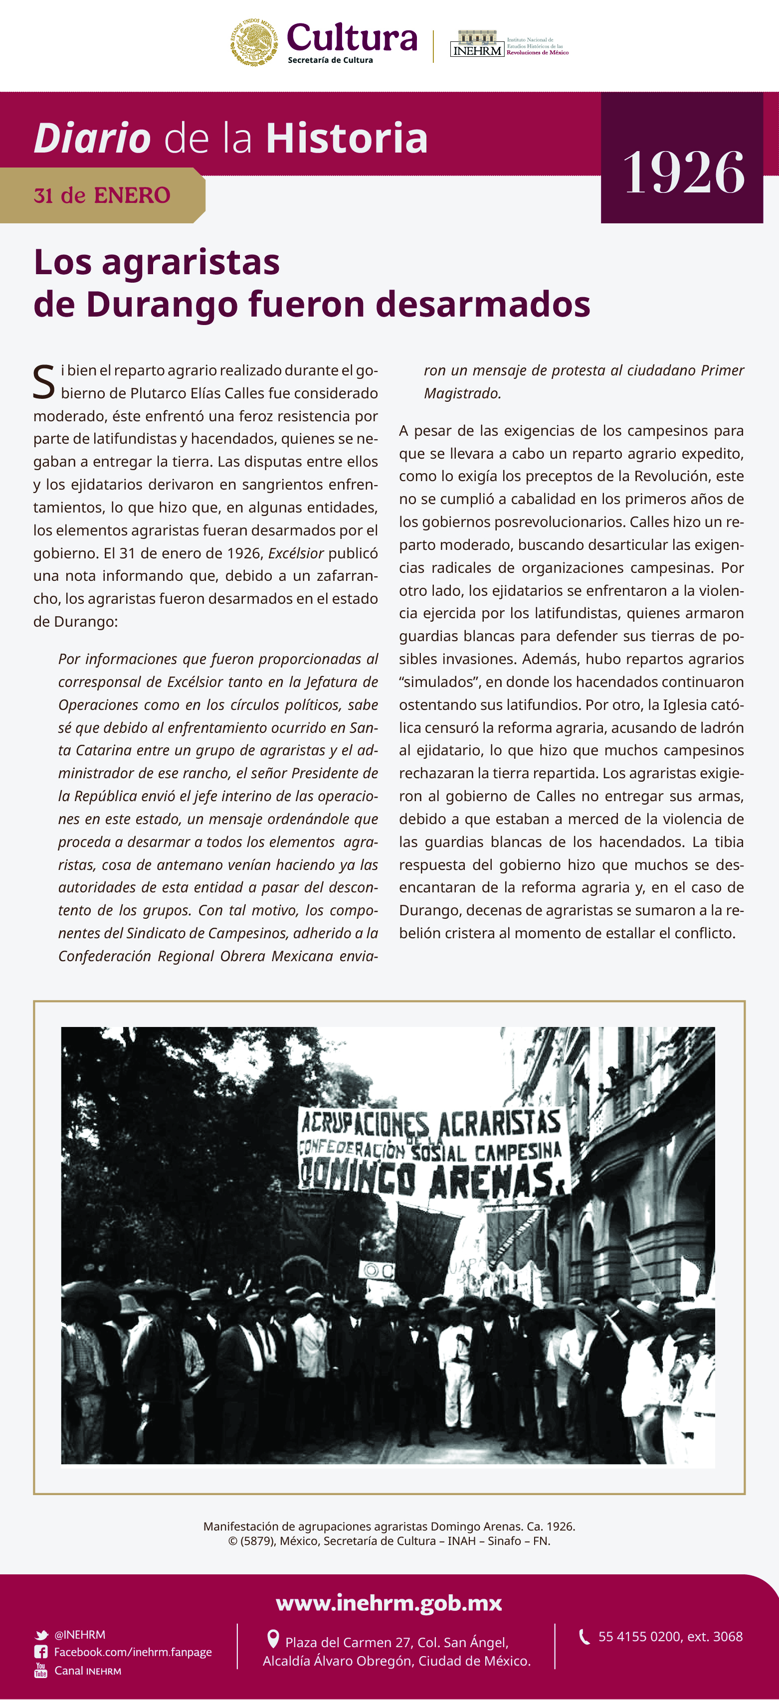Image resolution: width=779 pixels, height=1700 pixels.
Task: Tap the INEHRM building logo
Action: [477, 43]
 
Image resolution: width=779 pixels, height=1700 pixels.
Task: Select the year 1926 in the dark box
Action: [683, 172]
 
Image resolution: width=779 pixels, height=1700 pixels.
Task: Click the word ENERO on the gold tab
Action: [132, 195]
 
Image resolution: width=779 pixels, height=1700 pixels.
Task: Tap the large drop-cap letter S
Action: [43, 382]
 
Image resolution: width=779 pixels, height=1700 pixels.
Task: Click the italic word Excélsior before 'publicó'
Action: [296, 553]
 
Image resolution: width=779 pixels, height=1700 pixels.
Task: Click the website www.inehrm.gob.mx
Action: [389, 1602]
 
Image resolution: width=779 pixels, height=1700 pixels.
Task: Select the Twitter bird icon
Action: [41, 1635]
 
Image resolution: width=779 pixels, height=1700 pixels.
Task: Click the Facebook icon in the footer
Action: [41, 1652]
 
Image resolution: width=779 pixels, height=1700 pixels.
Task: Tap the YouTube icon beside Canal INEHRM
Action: [41, 1670]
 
